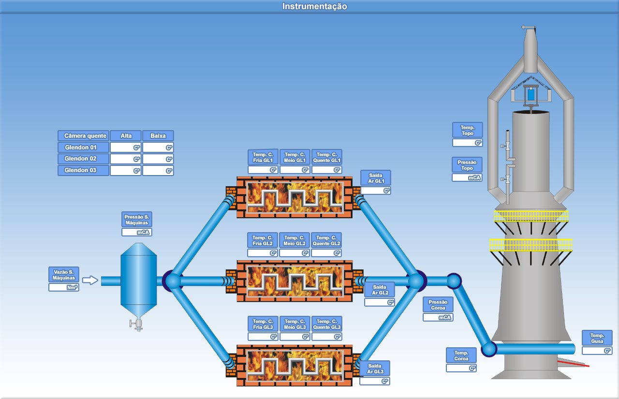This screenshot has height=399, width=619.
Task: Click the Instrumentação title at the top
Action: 314,6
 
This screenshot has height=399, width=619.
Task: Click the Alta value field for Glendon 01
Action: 126,148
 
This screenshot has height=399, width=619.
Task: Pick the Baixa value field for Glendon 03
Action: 158,171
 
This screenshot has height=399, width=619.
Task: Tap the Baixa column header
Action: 158,136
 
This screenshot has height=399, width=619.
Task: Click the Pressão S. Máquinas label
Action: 137,220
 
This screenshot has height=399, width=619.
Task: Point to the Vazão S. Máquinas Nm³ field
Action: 64,287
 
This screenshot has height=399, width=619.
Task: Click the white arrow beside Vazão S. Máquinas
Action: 90,280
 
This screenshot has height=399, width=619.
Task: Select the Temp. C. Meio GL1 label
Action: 295,157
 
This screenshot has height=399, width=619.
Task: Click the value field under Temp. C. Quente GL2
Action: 326,253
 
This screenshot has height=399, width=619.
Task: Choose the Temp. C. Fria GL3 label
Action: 263,324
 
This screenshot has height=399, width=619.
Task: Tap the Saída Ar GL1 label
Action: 376,178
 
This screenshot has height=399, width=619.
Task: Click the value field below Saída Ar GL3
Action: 375,381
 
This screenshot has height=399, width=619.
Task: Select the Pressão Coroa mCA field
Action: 438,317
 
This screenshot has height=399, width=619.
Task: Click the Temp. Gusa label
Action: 597,338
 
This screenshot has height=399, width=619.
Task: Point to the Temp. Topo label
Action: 468,130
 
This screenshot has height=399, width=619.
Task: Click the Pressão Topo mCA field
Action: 467,177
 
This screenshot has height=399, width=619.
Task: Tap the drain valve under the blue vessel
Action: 136,324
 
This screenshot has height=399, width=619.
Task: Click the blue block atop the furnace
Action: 531,94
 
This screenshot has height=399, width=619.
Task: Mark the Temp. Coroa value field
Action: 461,368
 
